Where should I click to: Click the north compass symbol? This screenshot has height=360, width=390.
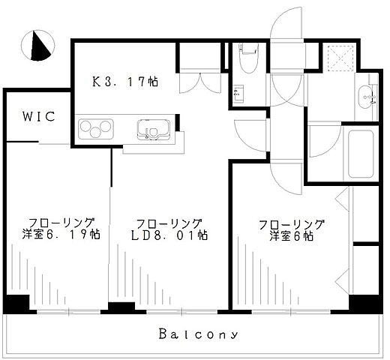pos(37,46)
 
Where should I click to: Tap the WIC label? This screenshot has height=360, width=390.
pos(39,116)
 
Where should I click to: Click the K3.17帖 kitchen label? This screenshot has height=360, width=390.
pos(125,82)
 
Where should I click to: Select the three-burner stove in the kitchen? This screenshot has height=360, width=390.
pos(96,129)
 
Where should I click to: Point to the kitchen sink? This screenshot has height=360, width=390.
pos(154,130)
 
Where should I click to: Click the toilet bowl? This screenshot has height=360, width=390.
pos(249,58)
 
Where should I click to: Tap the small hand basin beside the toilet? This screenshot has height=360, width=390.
pos(238,94)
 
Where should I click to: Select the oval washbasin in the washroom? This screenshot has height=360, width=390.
pos(365,97)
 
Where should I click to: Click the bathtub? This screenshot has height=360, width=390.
pos(361,154)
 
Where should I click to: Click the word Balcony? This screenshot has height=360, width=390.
pos(198,334)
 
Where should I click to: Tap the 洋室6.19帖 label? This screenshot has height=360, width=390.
pos(61,235)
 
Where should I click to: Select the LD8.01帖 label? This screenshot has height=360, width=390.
pos(169,235)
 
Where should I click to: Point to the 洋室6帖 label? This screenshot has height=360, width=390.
pos(291,236)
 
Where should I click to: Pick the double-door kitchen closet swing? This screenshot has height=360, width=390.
pos(200,83)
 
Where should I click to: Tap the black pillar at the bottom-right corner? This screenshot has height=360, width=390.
pos(366,304)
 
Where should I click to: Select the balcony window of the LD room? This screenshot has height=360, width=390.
pos(181,312)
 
